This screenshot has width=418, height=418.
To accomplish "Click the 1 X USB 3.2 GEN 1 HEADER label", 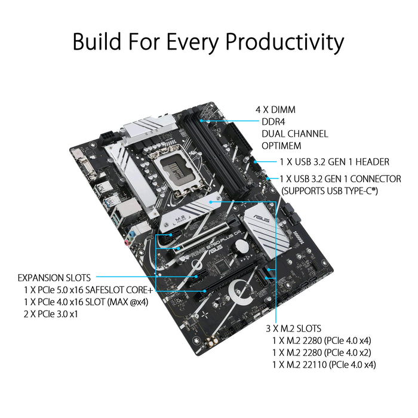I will point(334,162).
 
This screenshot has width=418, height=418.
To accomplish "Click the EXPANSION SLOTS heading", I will point(54,278).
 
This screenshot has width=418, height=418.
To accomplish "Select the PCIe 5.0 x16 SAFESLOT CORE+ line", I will point(88,290).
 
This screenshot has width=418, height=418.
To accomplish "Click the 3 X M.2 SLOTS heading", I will point(293,328).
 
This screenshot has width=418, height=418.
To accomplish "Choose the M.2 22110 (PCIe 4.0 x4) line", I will point(324,364).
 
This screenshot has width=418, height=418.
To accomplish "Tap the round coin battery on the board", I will point(240,245).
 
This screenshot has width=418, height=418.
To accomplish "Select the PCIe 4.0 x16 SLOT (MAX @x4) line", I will point(86,302).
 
